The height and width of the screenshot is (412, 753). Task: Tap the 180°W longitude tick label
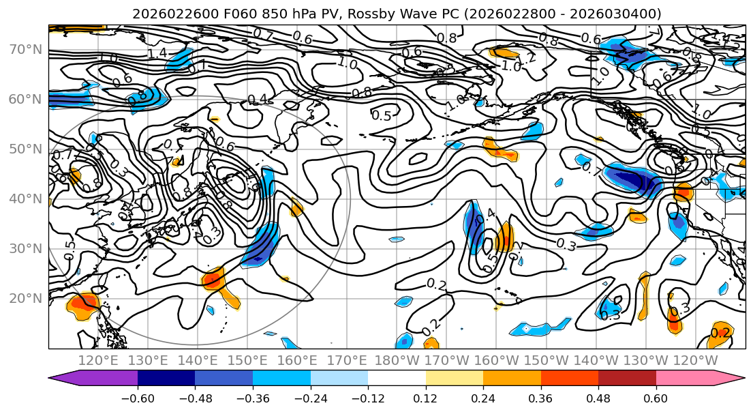click(397, 359)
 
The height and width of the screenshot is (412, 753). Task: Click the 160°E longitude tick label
click(297, 359)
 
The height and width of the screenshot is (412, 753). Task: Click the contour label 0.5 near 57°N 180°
click(382, 115)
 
